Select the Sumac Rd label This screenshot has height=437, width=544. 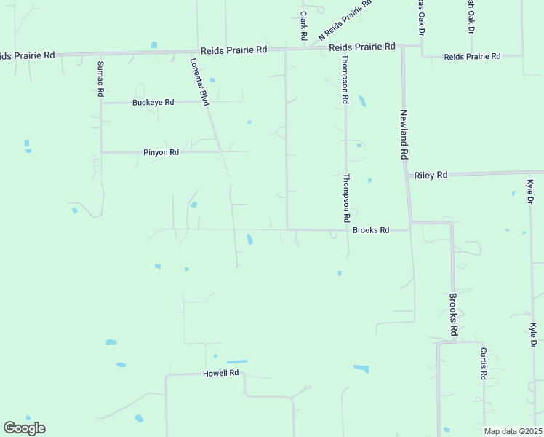[x=101, y=79]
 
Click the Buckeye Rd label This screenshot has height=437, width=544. [x=153, y=103]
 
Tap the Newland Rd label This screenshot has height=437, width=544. [x=405, y=135]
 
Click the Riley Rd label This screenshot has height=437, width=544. [x=431, y=176]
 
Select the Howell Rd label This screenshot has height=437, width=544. [x=220, y=374]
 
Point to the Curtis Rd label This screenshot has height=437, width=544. [x=483, y=363]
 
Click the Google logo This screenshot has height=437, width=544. [x=24, y=428]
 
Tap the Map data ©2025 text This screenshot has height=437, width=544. [x=512, y=431]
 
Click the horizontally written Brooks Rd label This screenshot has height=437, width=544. [x=371, y=230]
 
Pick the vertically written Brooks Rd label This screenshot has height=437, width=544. [x=452, y=314]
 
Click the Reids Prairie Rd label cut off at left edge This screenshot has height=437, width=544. [x=27, y=55]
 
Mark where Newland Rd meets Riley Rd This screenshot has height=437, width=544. [x=407, y=176]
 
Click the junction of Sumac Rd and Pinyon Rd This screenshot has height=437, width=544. [x=101, y=152]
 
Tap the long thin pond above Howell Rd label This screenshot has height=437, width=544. [x=236, y=361]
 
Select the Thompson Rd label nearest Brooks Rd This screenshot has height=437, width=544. [x=347, y=198]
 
